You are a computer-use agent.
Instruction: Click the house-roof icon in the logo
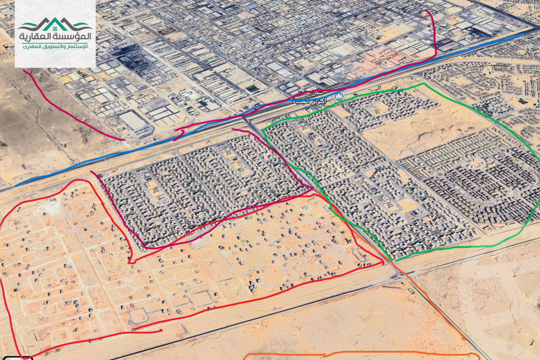point(55,24)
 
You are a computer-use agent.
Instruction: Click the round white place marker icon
point(338,97)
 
